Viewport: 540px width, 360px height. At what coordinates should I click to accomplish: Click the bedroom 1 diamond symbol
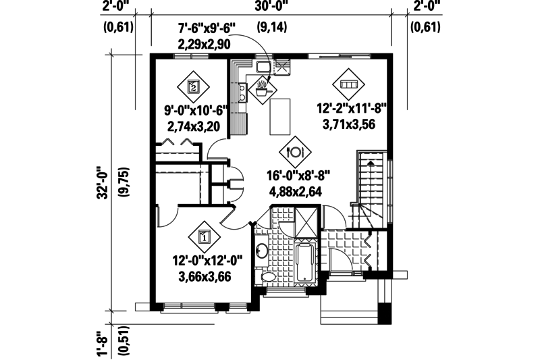[x=205, y=237]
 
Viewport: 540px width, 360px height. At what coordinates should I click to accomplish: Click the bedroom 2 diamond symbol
[x=193, y=86]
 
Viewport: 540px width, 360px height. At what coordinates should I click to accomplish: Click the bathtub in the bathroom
[x=305, y=264]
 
